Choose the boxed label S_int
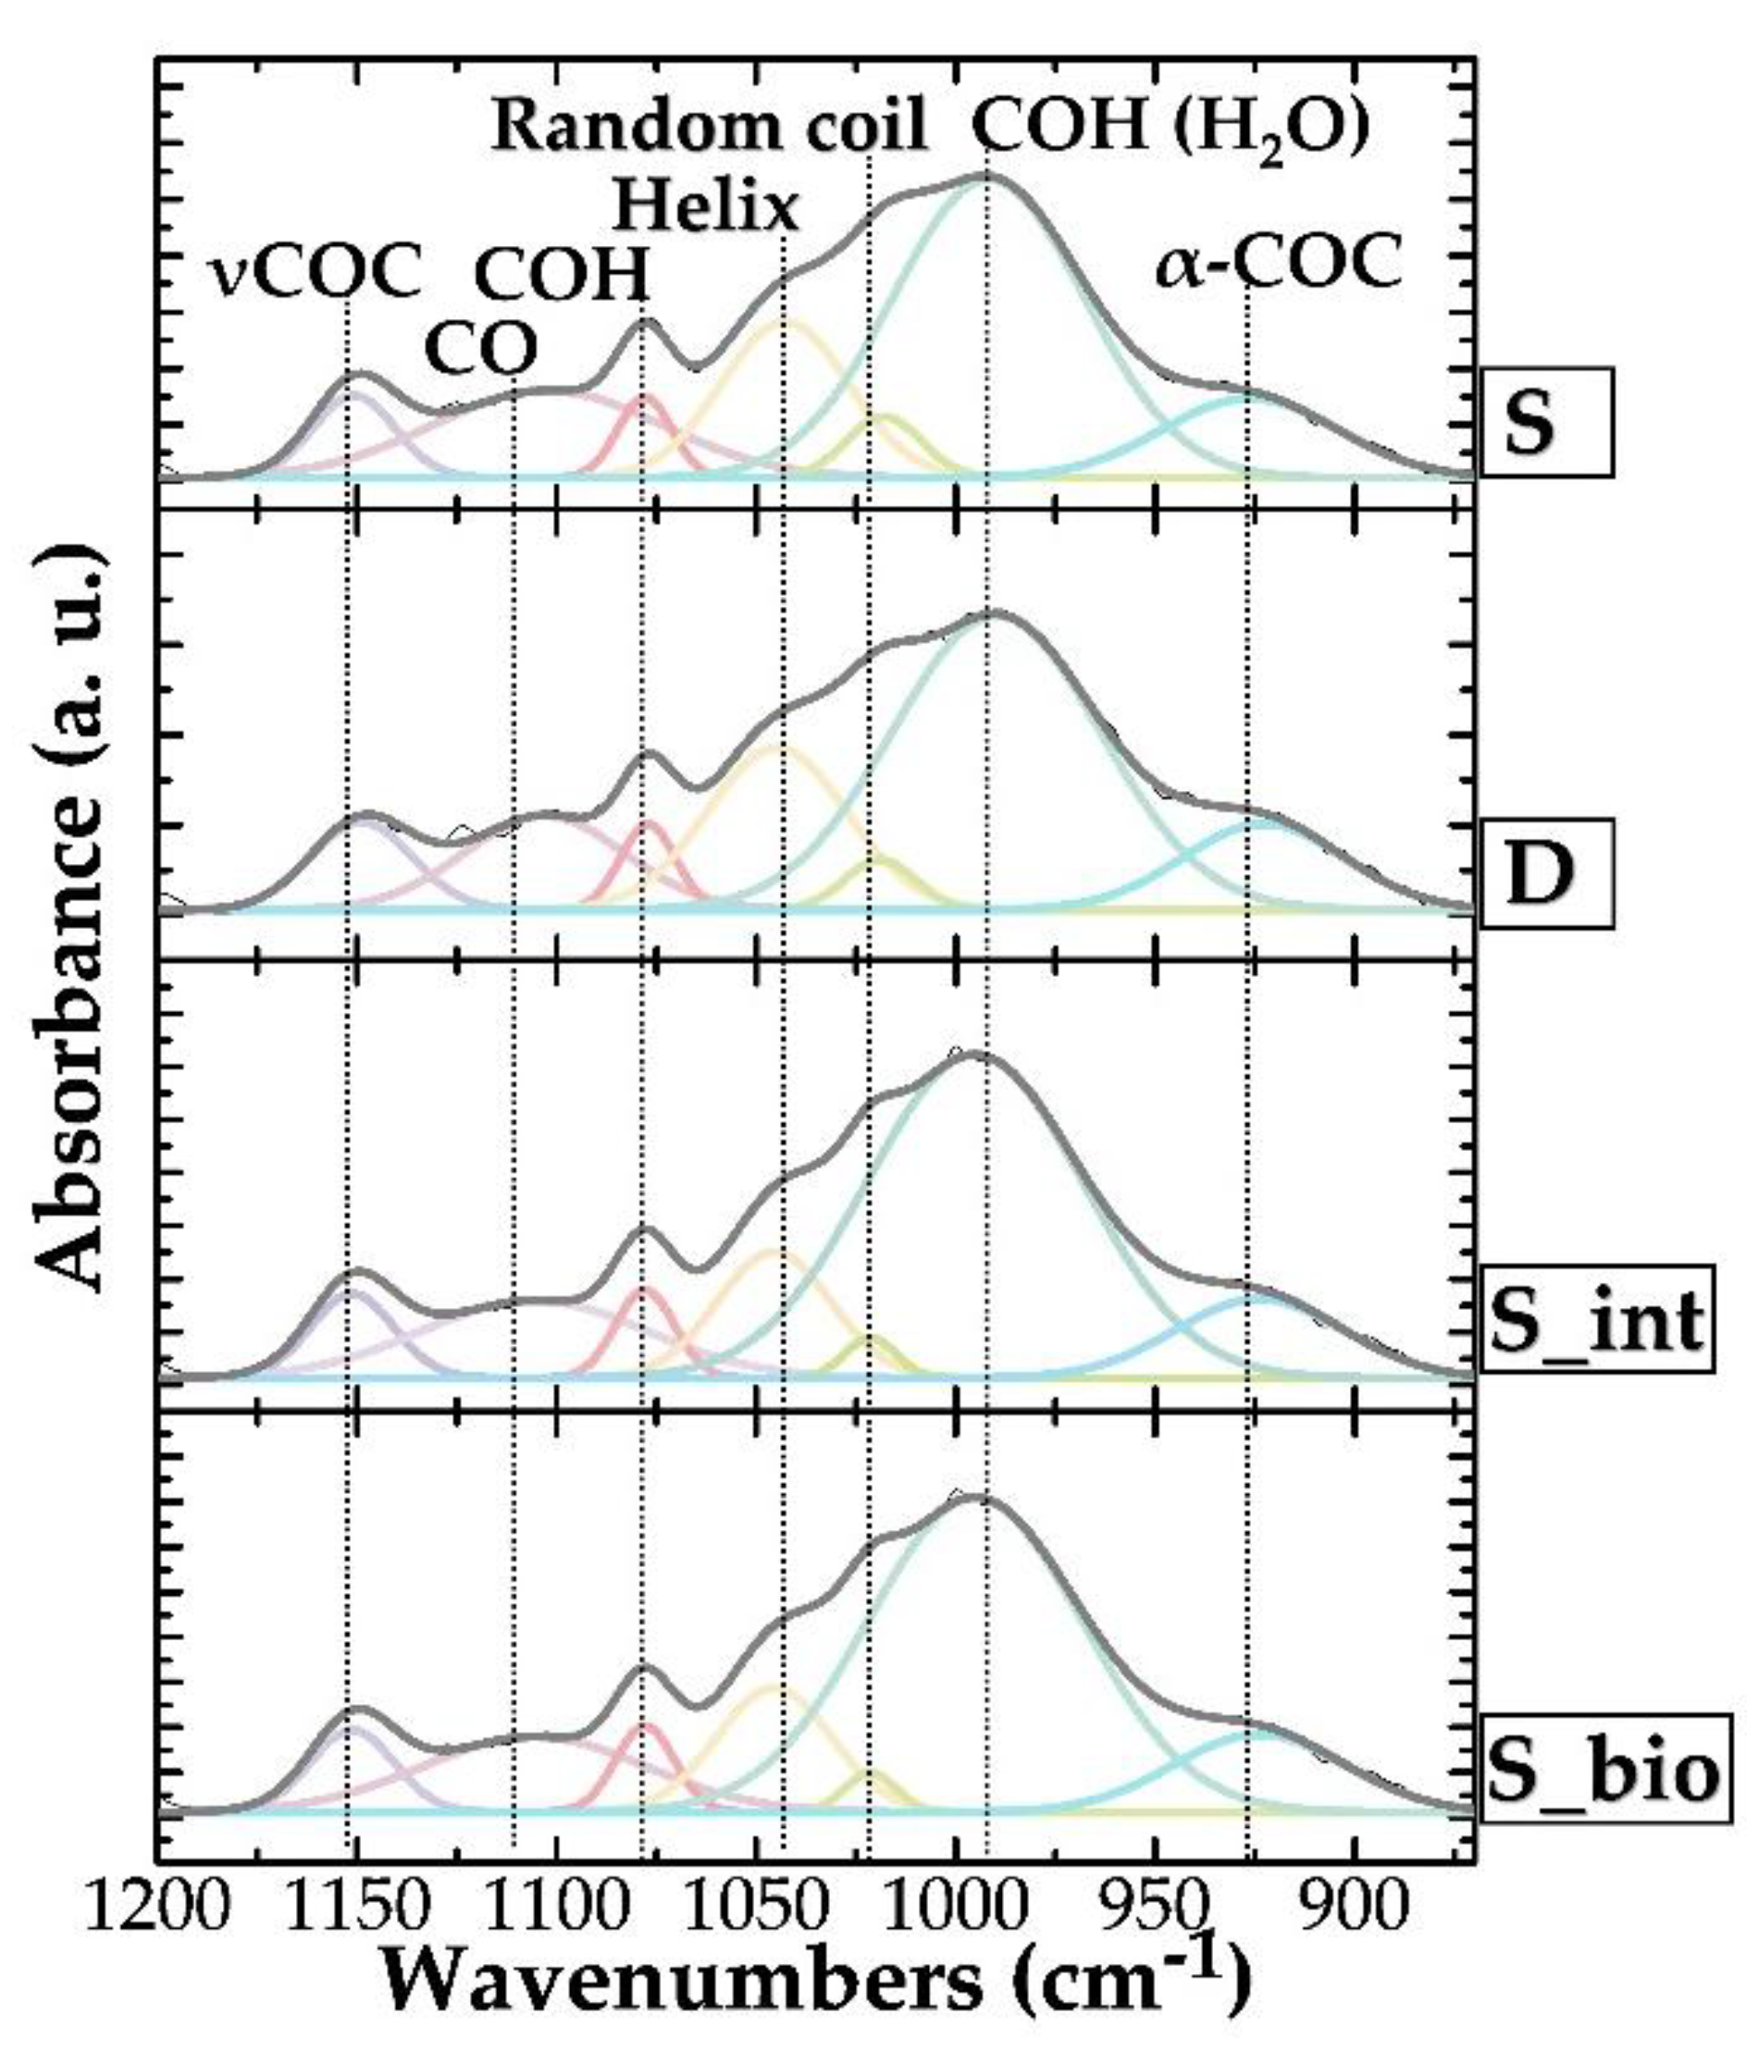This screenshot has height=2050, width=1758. (x=1596, y=1320)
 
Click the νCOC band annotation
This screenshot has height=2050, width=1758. (x=316, y=270)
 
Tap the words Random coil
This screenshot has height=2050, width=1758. (x=710, y=126)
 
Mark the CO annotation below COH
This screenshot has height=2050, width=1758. (x=481, y=347)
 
